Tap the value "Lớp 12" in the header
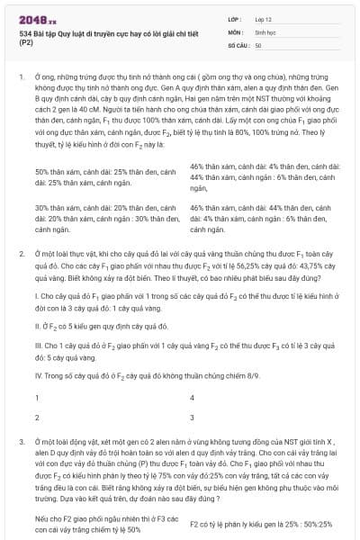[263, 19]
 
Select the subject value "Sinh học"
[265, 31]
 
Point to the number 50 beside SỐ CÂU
[258, 44]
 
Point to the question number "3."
[21, 444]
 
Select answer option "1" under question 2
[37, 397]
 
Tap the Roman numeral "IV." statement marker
[37, 374]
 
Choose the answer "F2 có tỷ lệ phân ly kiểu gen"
[261, 523]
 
